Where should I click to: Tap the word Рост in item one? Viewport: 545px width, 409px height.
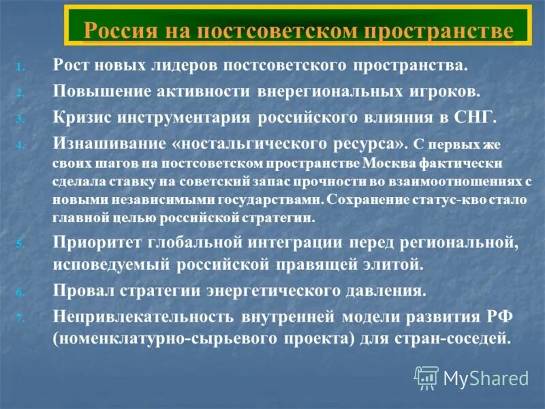(73, 66)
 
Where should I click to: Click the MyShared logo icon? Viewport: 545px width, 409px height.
(426, 377)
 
